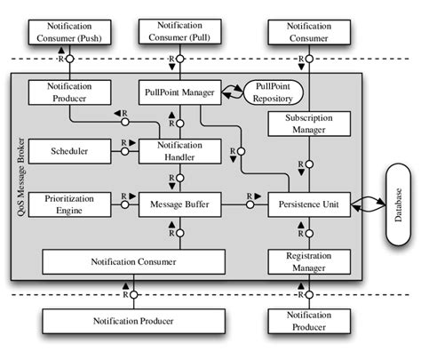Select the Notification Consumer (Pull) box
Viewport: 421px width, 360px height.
[178, 33]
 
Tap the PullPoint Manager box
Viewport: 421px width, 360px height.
[178, 91]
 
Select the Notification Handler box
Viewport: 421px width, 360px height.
[178, 151]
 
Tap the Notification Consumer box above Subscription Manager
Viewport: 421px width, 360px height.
[303, 34]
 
